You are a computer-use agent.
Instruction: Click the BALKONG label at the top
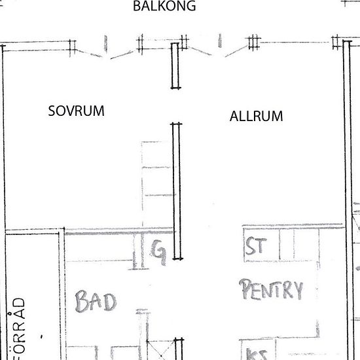click(x=164, y=7)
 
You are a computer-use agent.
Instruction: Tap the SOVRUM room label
click(x=77, y=111)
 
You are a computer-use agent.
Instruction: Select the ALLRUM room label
click(x=256, y=117)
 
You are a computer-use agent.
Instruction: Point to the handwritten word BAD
click(x=96, y=302)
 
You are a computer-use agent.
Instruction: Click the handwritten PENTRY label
click(x=272, y=289)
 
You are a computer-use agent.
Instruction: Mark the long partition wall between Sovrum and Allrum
click(x=175, y=190)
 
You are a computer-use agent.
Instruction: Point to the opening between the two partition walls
click(x=175, y=106)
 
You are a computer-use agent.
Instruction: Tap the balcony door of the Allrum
click(x=219, y=50)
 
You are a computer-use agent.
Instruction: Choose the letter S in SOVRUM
click(x=52, y=111)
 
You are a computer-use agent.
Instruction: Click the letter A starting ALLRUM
click(x=234, y=117)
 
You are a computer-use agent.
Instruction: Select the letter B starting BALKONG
click(x=137, y=7)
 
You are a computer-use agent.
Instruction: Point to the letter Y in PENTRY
click(x=297, y=289)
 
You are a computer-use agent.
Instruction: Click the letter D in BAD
click(x=109, y=302)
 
